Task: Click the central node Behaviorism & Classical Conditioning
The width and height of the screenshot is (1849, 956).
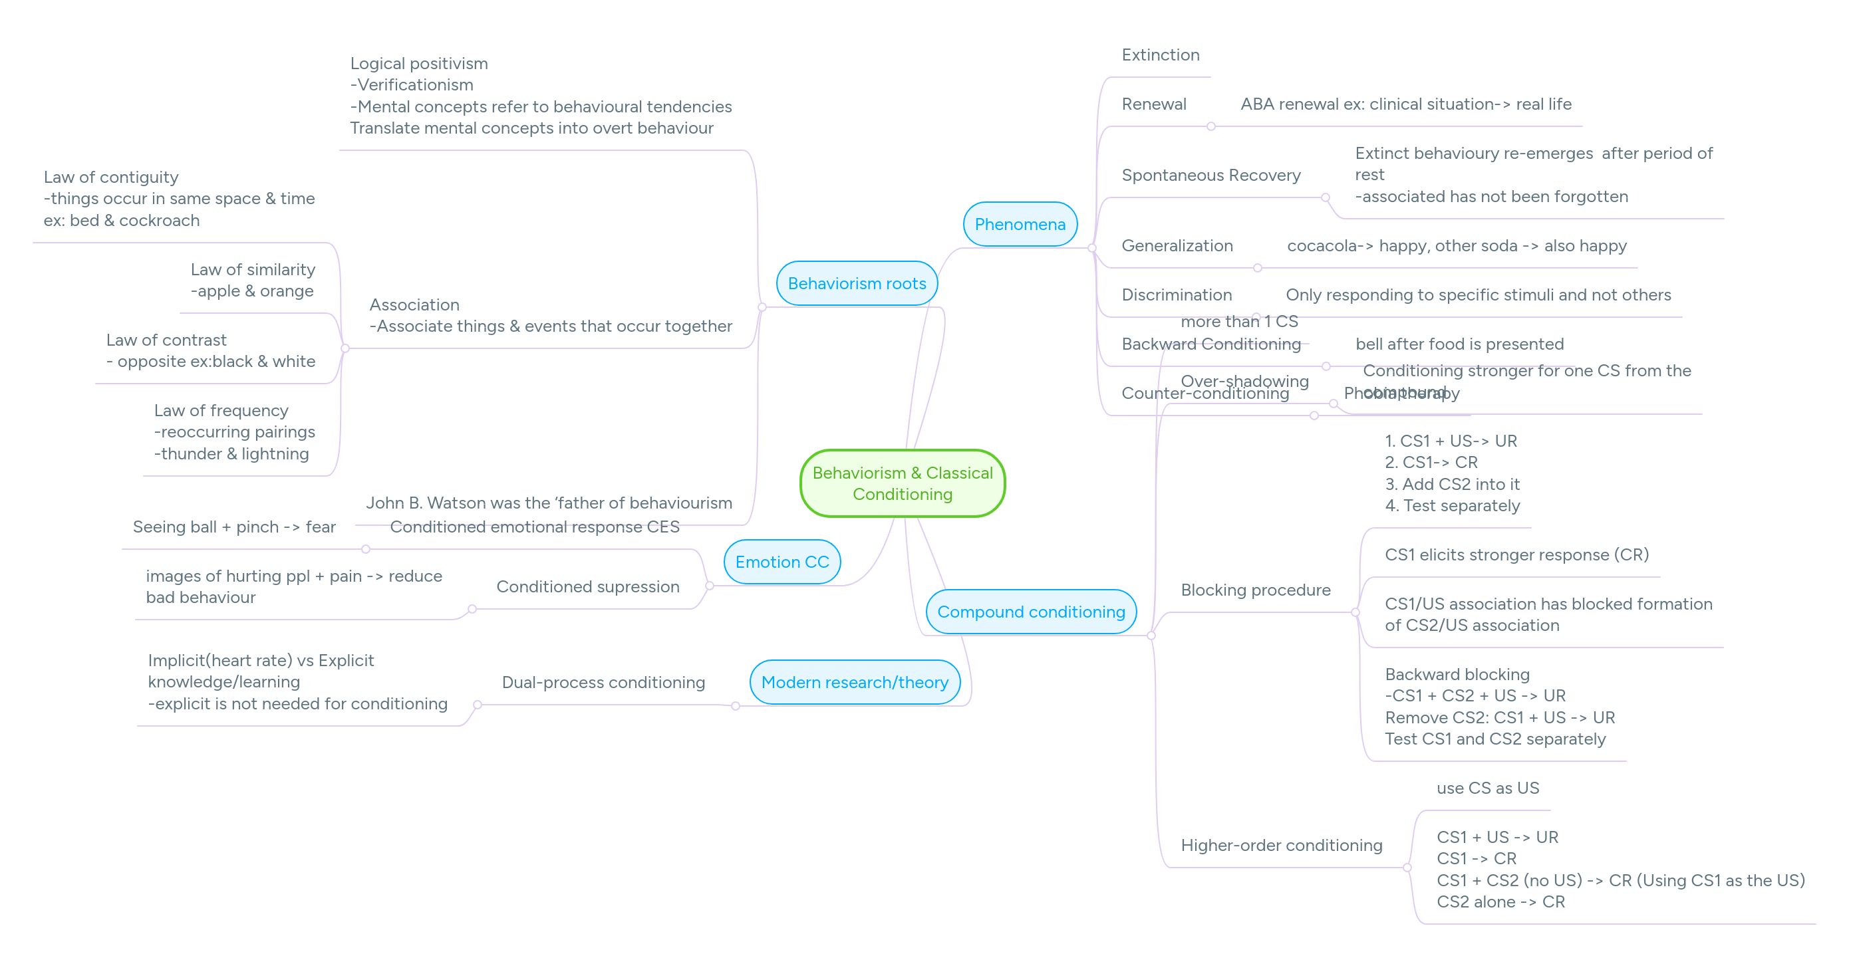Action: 903,483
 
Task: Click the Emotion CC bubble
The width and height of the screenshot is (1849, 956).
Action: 782,562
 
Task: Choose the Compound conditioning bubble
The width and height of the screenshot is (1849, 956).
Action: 1031,612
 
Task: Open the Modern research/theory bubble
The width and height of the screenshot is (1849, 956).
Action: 854,682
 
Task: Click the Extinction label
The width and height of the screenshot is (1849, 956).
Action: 1160,55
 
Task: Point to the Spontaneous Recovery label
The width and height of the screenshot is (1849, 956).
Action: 1210,175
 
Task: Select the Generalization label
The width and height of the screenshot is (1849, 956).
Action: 1177,245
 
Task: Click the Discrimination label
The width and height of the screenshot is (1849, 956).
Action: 1176,295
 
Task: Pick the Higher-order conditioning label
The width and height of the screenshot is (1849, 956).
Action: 1280,846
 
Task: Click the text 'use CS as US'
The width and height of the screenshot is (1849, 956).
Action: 1487,788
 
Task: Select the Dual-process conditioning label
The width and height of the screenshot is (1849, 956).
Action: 603,683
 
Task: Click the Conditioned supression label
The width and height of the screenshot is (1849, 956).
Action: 587,586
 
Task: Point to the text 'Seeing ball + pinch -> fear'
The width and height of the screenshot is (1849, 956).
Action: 234,527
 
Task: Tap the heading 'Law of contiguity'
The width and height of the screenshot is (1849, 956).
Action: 111,178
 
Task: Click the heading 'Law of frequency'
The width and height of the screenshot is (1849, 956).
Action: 221,411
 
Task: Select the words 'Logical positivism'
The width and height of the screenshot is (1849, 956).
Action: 418,64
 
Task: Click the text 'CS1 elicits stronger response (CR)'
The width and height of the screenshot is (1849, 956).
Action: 1516,555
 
